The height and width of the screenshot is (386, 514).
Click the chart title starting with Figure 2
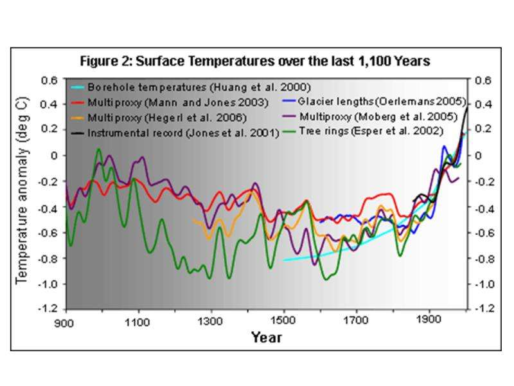pyautogui.click(x=254, y=62)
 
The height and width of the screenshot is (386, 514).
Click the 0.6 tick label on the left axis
pyautogui.click(x=50, y=81)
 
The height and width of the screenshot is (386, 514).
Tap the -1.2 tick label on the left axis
pyautogui.click(x=48, y=309)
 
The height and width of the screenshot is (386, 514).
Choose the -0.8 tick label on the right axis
pyautogui.click(x=482, y=259)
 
